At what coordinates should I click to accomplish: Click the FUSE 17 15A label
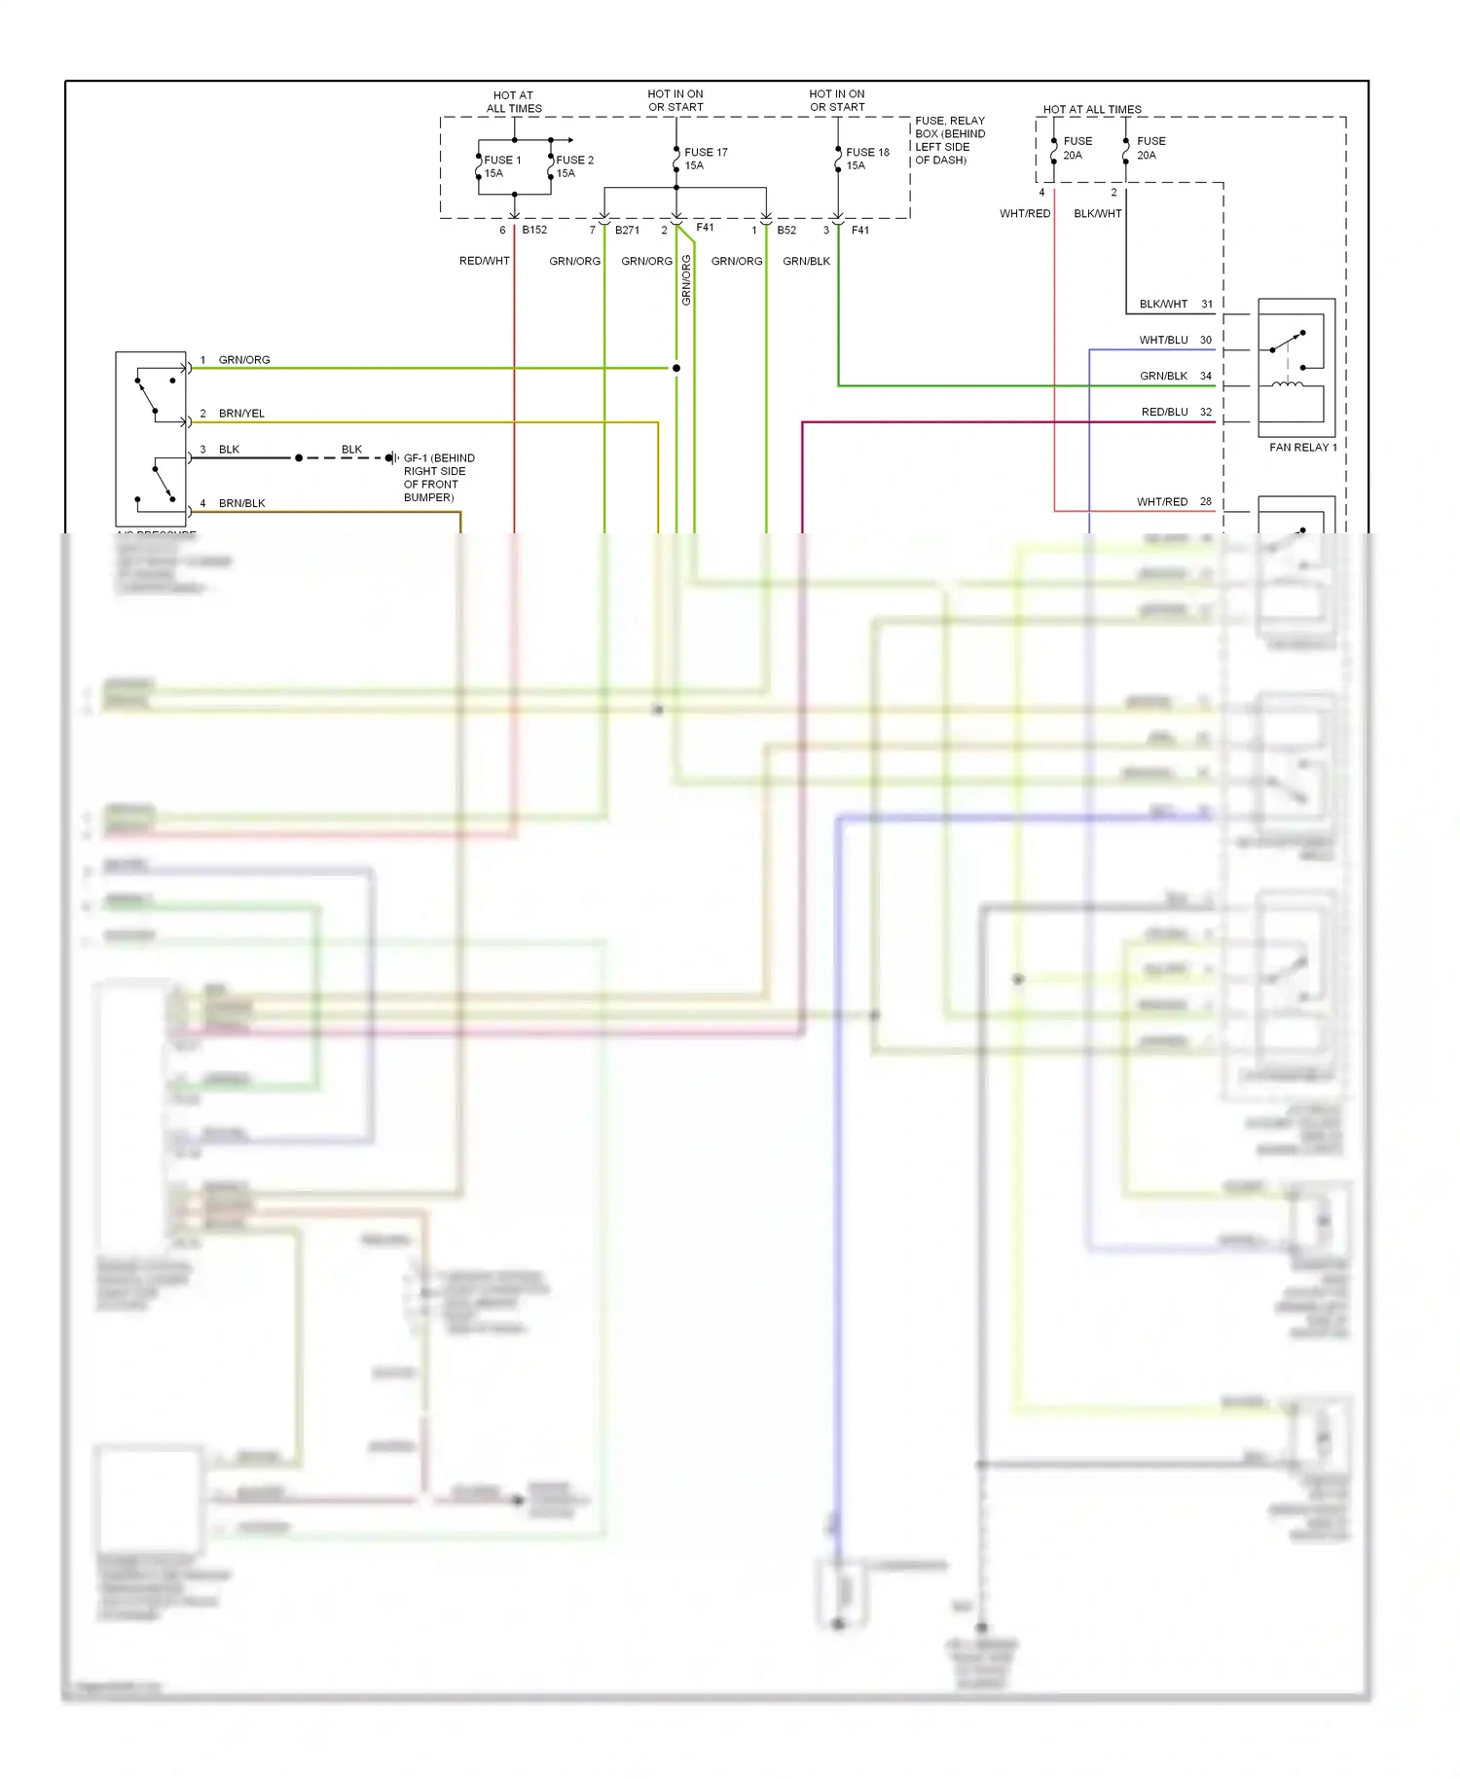706,159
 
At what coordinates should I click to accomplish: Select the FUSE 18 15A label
867,159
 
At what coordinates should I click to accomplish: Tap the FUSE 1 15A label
501,166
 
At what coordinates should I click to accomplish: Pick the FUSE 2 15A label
573,166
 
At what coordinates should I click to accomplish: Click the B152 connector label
534,231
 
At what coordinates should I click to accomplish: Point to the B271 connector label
627,231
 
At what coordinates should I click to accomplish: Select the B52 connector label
786,231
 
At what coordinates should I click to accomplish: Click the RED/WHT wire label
484,261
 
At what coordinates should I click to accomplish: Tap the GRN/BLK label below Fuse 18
806,261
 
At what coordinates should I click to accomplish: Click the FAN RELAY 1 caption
1302,448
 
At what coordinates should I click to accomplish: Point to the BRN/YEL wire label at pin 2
241,414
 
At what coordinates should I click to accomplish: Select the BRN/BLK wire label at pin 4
241,503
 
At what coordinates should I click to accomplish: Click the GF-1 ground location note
439,477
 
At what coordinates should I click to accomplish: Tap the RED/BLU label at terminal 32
1164,412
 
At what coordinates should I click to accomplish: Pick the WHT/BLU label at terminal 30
1163,340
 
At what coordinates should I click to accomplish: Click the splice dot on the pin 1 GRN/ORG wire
676,368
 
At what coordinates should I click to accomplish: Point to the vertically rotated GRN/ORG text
686,280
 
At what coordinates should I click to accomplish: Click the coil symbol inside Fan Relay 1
1289,385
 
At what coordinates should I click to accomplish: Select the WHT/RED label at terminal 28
1162,502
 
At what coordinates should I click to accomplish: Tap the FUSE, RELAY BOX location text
949,140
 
